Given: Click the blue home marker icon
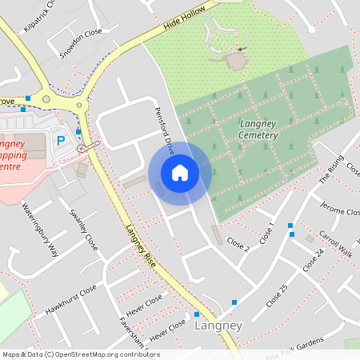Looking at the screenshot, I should [180, 173].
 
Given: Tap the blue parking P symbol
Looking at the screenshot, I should [60, 139].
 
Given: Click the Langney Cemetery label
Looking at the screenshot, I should [258, 130].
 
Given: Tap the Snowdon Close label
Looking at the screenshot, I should [82, 46].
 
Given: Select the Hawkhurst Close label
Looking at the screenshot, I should [71, 299].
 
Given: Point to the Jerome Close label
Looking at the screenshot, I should [340, 210].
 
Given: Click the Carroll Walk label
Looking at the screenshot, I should [335, 242].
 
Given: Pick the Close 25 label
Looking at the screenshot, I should [276, 296].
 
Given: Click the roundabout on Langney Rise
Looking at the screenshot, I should [78, 105].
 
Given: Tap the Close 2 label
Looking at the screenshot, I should [238, 244].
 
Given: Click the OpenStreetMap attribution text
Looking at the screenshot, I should [80, 354].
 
